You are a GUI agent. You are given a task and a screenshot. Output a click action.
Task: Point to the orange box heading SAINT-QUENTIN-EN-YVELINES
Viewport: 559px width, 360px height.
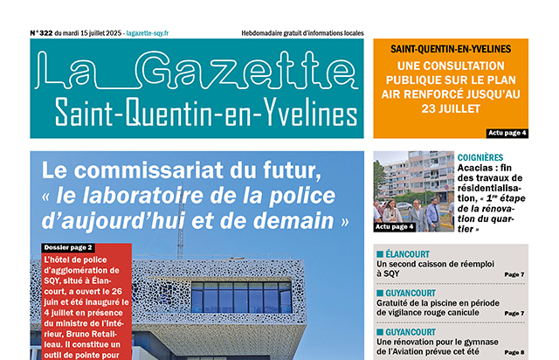[451, 49]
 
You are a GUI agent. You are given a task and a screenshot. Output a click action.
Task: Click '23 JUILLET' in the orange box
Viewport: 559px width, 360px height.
[451, 109]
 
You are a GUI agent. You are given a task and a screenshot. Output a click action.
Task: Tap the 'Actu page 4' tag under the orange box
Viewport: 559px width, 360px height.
[507, 133]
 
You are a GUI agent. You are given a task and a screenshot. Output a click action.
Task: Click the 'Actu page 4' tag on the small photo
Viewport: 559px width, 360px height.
[394, 226]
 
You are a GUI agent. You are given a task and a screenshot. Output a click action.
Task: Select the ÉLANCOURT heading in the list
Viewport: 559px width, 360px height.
[414, 253]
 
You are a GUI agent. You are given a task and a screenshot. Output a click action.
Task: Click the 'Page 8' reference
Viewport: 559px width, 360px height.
[514, 351]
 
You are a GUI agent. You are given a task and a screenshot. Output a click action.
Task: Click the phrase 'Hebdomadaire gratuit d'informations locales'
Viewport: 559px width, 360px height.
[301, 33]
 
